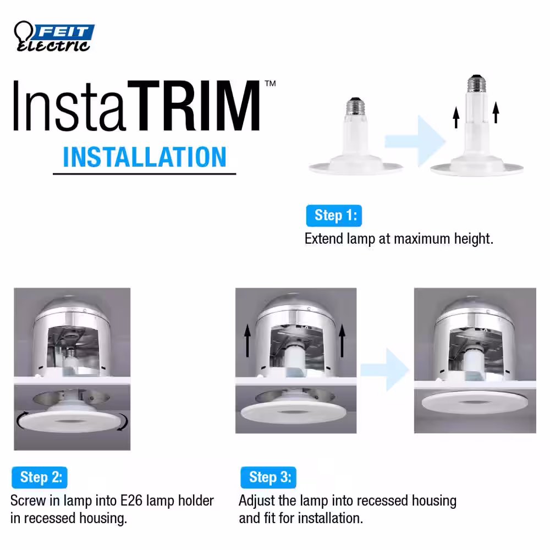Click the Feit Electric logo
pos(54,36)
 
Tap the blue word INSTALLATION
pos(145,157)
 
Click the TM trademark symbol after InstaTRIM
pos(270,84)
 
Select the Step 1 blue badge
pos(334,216)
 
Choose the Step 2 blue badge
pos(40,477)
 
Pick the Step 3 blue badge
pos(268,477)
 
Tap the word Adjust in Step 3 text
pos(257,501)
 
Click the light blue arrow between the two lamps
pos(415,141)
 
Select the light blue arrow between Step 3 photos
pos(385,370)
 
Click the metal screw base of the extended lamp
pos(476,84)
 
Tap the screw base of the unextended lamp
pos(355,106)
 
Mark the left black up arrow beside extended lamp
pos(455,118)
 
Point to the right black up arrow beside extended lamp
pos(496,112)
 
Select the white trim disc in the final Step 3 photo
pos(475,403)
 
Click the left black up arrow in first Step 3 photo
pos(248,340)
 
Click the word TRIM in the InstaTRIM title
pos(194,105)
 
